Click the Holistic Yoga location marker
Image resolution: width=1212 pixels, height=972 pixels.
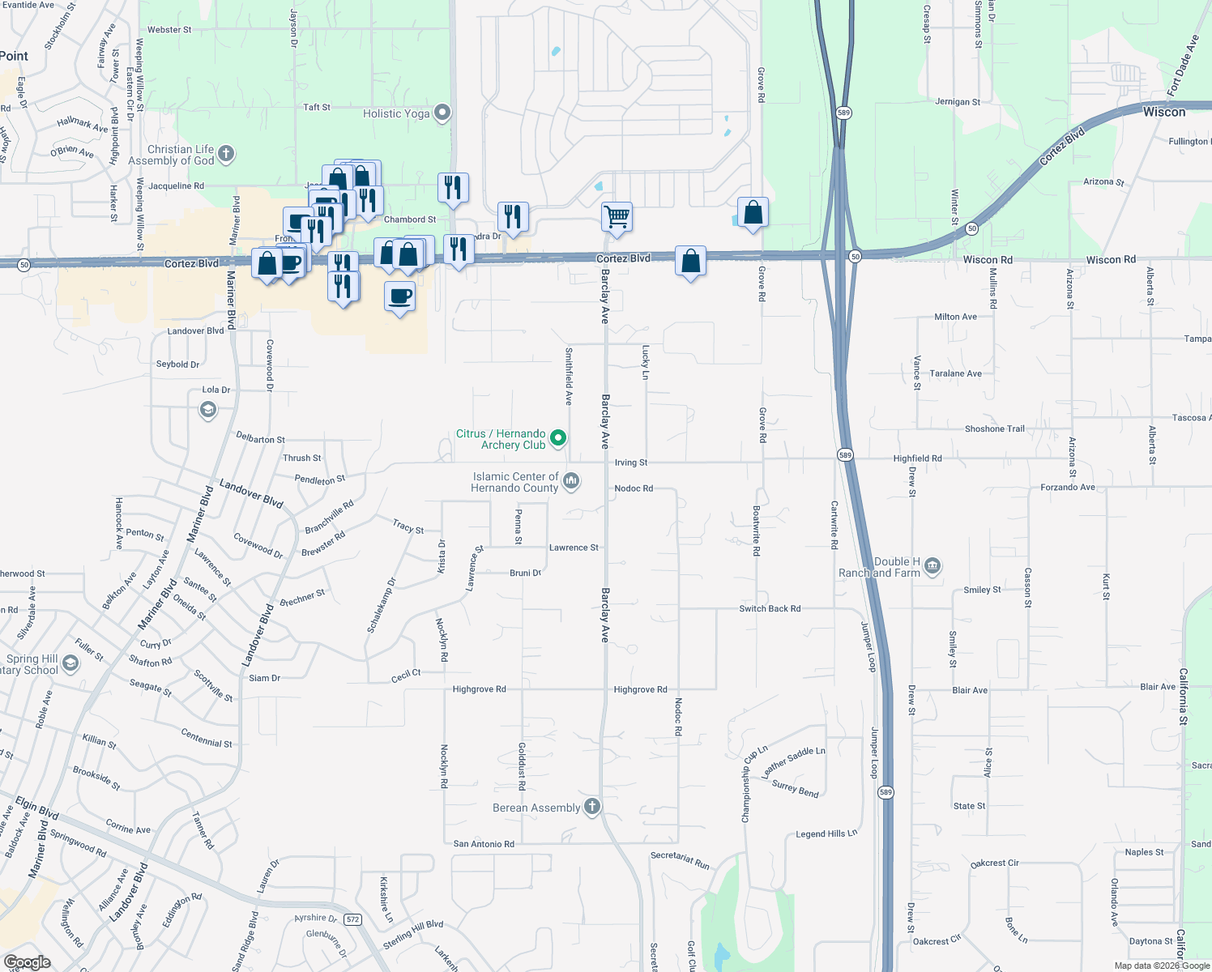442,113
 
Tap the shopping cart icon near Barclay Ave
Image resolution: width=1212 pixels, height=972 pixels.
617,216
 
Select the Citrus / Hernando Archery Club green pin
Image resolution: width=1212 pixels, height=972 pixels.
558,438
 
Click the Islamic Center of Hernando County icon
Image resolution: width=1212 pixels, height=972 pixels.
571,481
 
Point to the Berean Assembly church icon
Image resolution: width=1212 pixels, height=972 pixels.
592,807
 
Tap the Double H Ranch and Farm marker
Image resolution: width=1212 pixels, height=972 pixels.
932,566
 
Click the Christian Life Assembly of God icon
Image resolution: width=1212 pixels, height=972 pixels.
226,153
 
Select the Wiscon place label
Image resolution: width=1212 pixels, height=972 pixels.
1163,112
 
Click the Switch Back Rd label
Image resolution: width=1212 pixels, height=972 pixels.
770,608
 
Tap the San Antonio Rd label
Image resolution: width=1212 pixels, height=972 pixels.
484,844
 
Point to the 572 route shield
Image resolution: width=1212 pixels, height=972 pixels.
352,919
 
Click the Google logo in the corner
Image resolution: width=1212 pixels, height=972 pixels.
28,962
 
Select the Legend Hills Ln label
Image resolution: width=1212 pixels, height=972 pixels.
826,833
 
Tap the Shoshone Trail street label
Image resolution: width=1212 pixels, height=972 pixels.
994,429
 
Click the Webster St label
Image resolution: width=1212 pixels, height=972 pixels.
169,30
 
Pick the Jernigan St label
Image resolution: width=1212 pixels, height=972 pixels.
958,102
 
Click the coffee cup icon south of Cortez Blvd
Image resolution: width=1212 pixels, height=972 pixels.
399,296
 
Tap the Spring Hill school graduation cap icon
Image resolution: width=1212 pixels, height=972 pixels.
70,664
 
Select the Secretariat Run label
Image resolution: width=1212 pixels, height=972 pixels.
680,860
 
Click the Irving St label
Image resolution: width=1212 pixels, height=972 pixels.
631,463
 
